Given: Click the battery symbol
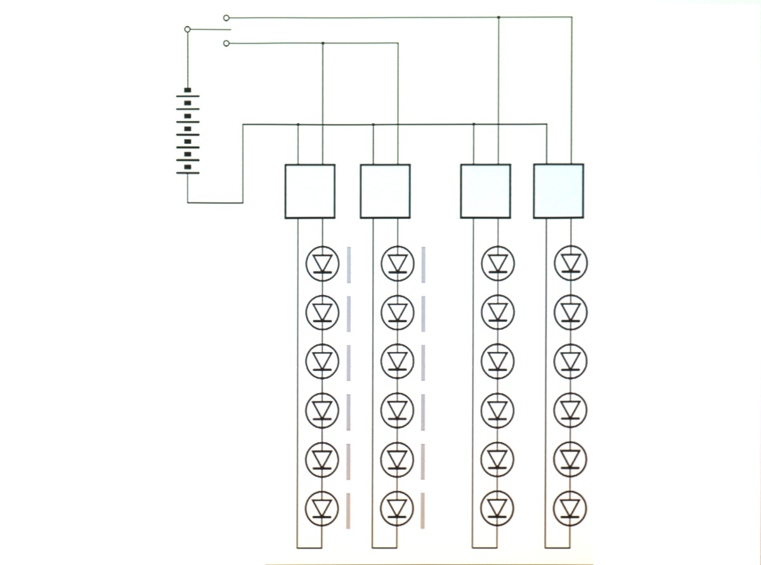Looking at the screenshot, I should [x=188, y=132].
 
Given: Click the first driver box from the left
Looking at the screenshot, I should [x=310, y=192].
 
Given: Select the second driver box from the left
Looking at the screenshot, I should [x=385, y=192].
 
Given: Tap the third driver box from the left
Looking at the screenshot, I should [x=485, y=192].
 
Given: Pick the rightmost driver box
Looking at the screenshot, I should [x=558, y=191].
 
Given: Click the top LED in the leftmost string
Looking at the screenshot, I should [x=323, y=263].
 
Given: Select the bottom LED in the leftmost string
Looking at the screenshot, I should [x=322, y=508].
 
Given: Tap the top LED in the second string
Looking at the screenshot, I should [x=398, y=263].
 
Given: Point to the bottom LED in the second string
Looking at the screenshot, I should [x=397, y=508].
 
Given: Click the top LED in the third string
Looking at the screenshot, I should [x=498, y=263].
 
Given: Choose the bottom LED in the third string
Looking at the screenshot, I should [x=497, y=508].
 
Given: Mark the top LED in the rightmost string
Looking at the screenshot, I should [x=571, y=263].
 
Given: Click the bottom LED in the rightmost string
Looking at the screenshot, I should [x=570, y=508].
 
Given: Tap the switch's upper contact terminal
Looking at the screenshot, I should [x=226, y=18].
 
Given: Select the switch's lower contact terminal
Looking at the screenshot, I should [x=226, y=43].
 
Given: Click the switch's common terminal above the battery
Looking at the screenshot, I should [x=187, y=29].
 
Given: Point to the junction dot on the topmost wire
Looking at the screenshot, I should [x=498, y=17].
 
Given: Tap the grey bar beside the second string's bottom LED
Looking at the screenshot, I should [x=422, y=510].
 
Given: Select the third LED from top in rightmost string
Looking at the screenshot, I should [x=571, y=361].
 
